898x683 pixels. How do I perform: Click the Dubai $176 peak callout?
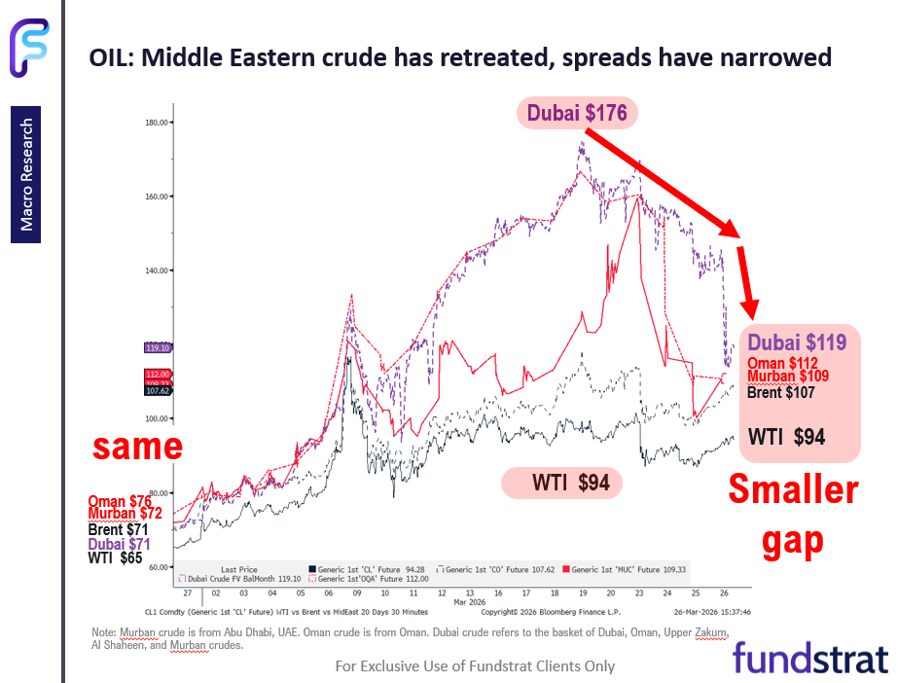pos(577,113)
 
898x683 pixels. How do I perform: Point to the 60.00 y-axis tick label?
pos(159,566)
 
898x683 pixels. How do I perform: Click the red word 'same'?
pos(138,446)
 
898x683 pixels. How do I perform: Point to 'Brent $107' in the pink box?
pos(786,393)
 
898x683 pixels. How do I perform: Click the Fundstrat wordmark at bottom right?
pos(809,658)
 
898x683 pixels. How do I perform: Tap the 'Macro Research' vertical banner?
pos(26,175)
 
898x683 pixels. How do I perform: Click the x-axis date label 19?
pos(582,592)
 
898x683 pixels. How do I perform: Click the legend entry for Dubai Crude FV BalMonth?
pos(240,578)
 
